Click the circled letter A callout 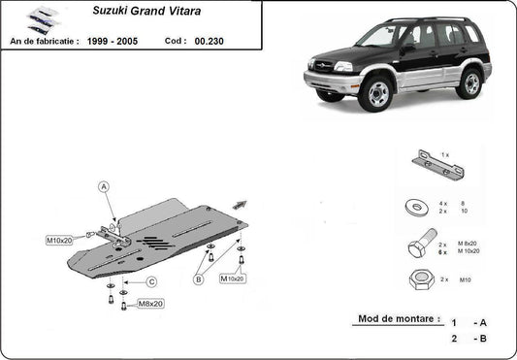pos(105,185)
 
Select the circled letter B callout pos(198,280)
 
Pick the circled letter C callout pos(151,281)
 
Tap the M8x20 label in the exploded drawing pos(149,304)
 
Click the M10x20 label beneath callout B pos(233,278)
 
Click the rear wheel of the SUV pos(470,83)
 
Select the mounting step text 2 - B pos(468,339)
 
